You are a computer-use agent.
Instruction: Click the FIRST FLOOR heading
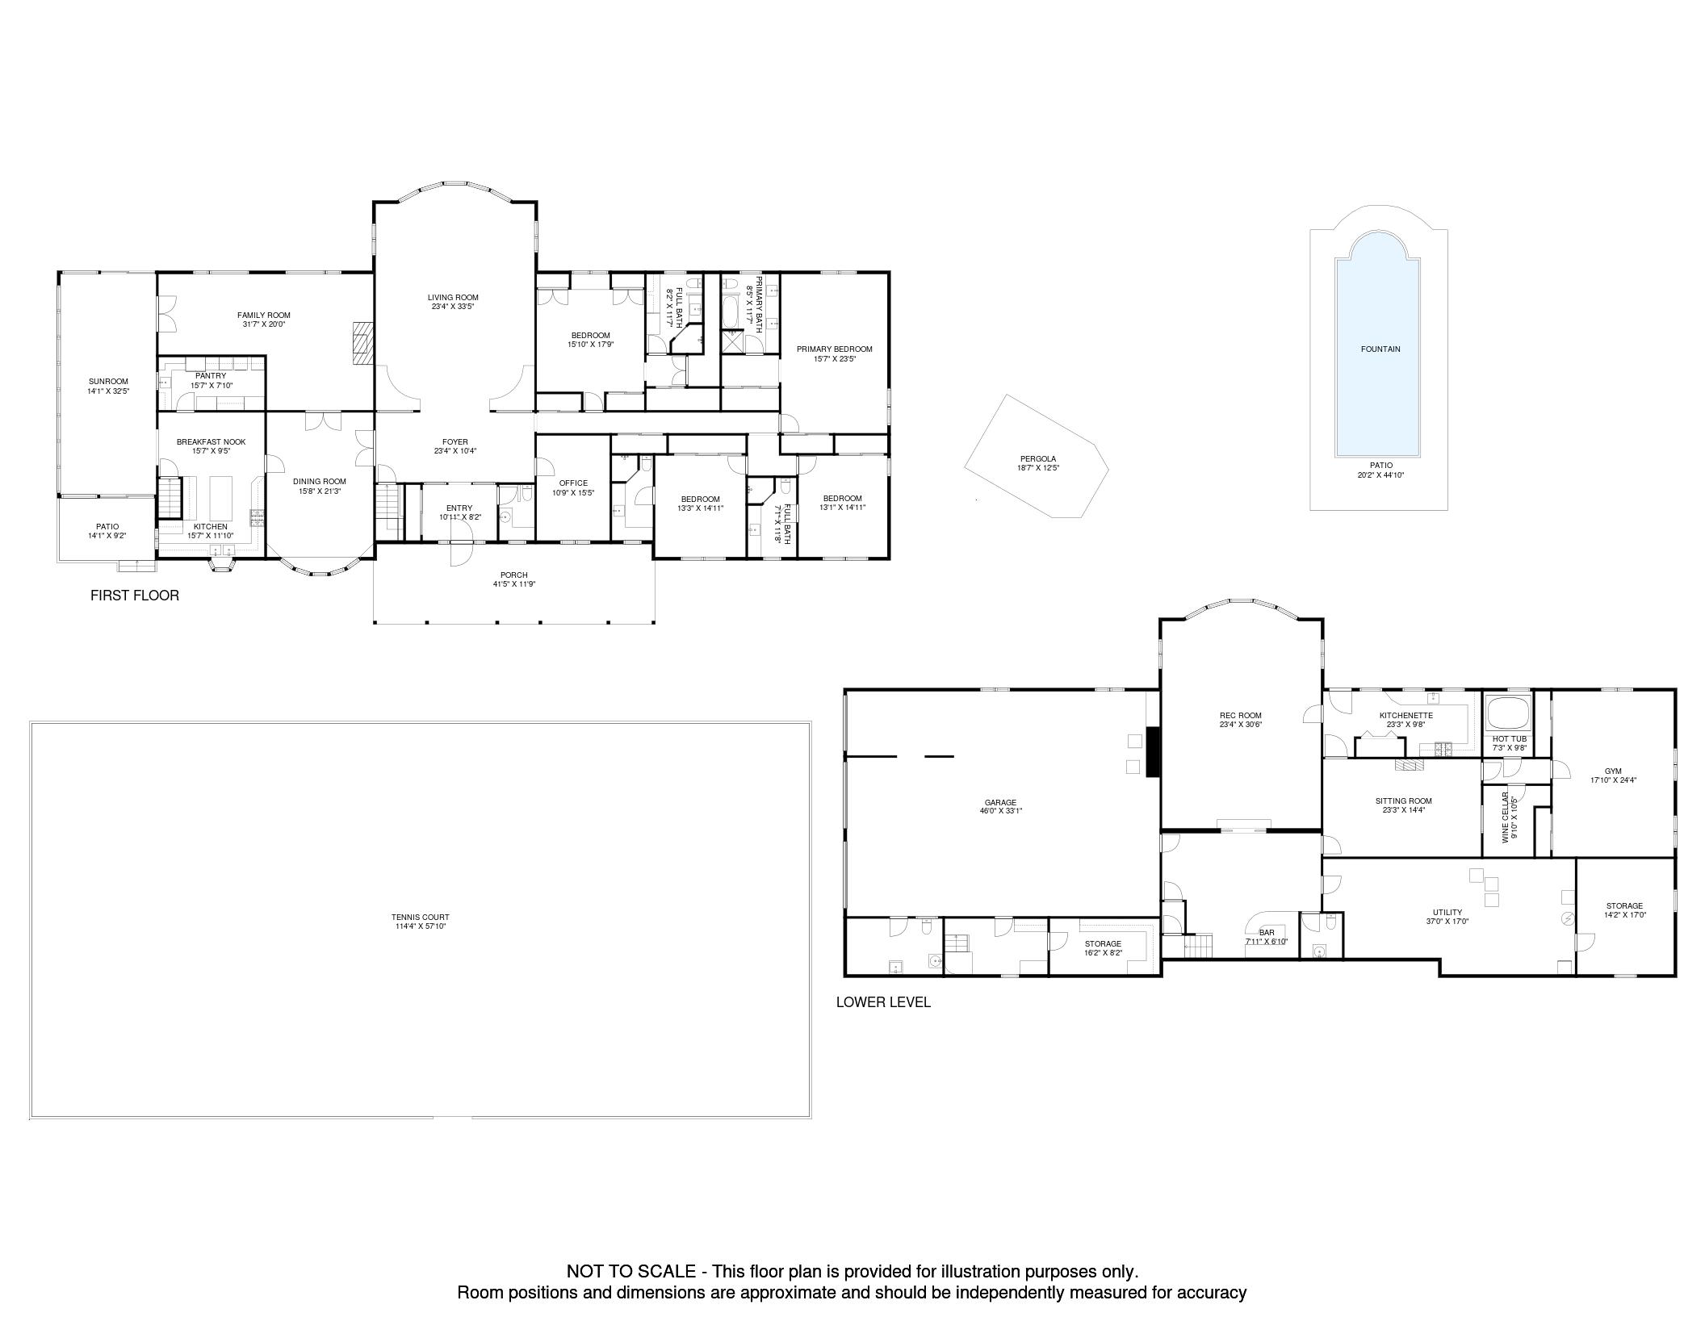(x=135, y=596)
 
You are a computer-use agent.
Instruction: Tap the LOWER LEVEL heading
(x=883, y=1002)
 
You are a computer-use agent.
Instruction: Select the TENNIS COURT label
(x=420, y=918)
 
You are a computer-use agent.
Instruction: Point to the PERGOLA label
(x=1037, y=459)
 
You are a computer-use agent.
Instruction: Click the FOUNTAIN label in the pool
(x=1380, y=349)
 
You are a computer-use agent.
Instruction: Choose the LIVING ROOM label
(x=453, y=298)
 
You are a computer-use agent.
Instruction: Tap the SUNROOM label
(x=108, y=382)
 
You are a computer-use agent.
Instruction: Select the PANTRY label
(x=211, y=376)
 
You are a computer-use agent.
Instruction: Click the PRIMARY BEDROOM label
(x=834, y=349)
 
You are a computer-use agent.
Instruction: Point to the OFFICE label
(x=573, y=483)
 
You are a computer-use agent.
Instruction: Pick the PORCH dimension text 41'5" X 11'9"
(x=514, y=584)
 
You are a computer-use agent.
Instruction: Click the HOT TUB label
(x=1509, y=738)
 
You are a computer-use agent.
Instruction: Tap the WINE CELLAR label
(x=1506, y=817)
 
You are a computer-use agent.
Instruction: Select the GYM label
(x=1613, y=771)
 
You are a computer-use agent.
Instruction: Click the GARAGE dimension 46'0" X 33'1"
(x=1000, y=811)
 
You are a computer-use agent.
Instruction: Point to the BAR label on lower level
(x=1266, y=932)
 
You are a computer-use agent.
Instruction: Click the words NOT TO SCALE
(x=630, y=1272)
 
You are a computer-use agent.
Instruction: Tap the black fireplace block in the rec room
(x=1153, y=752)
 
